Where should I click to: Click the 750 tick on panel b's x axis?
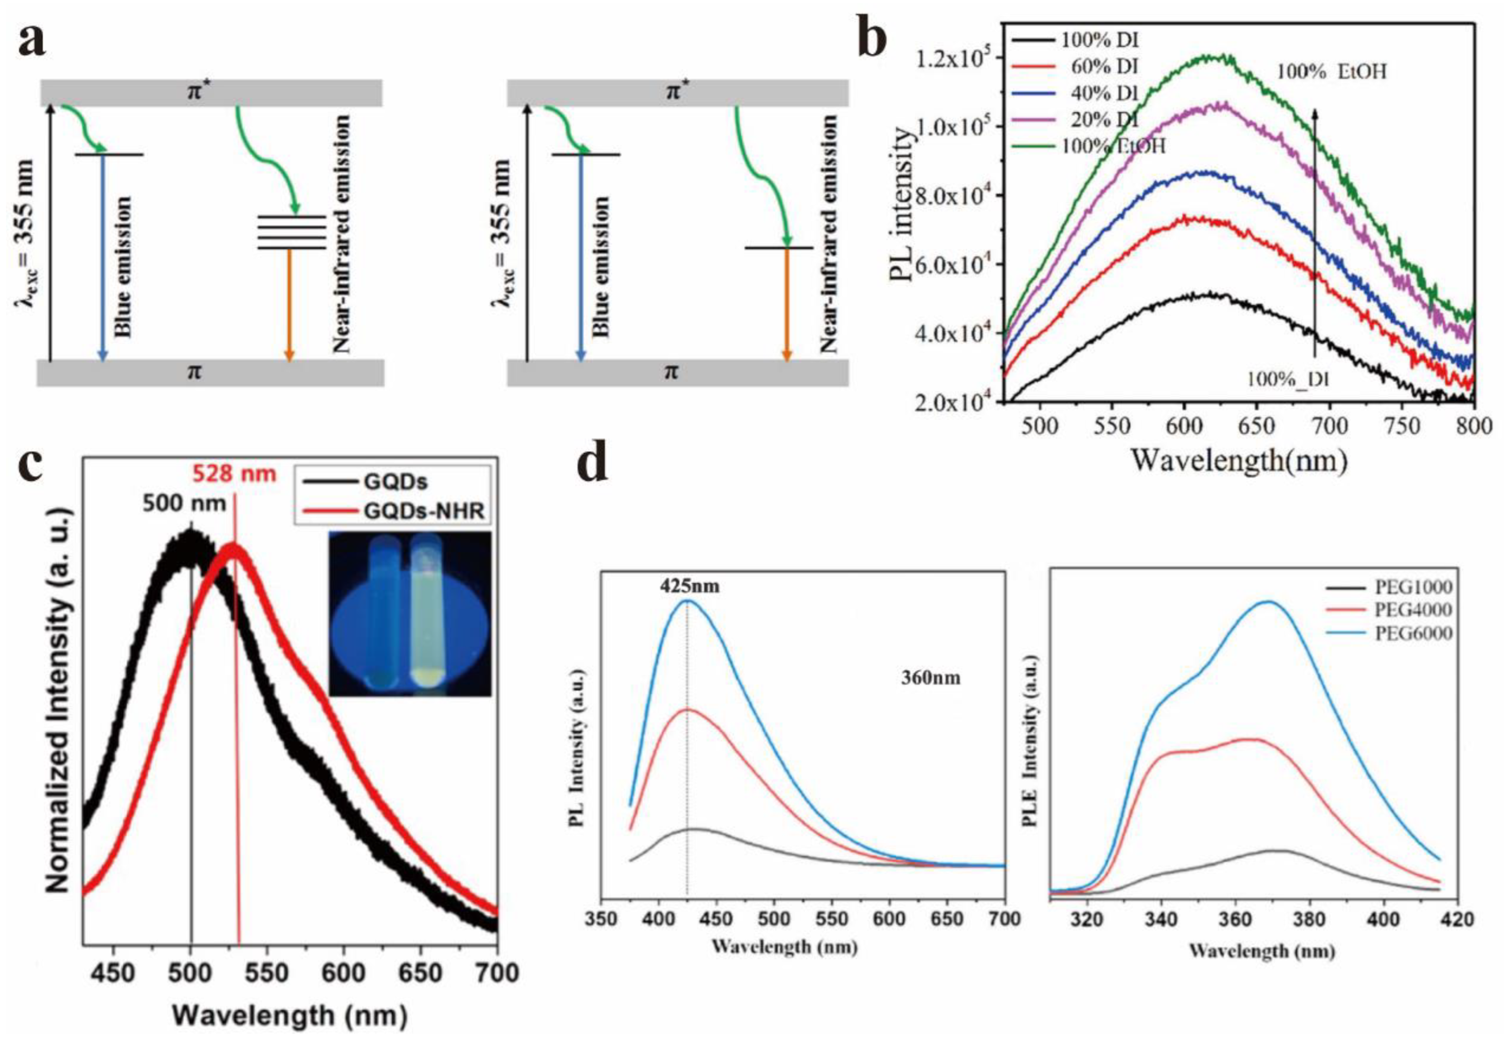click(x=1405, y=426)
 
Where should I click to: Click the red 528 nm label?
click(x=234, y=473)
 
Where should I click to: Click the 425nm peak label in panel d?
click(x=689, y=586)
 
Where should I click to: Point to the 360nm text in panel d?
click(x=931, y=677)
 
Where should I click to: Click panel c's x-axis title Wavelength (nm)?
click(x=289, y=1015)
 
